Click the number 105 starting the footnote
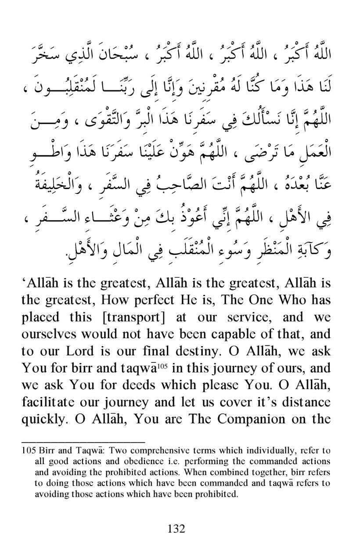point(29,451)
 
